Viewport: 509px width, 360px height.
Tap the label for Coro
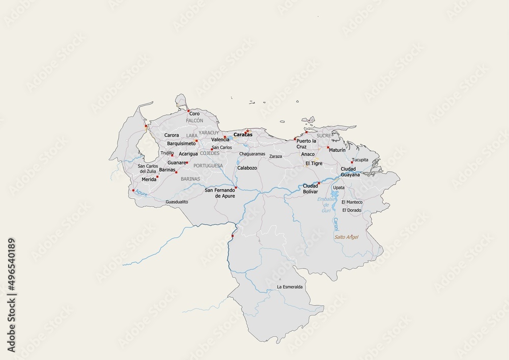194,114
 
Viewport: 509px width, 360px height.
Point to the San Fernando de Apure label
220,193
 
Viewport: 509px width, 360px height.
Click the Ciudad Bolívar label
310,188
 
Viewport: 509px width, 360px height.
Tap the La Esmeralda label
290,287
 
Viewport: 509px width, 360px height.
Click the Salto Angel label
346,237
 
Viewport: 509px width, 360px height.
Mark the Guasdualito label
177,202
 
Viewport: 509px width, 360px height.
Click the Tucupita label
360,159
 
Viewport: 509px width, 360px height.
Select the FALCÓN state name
194,121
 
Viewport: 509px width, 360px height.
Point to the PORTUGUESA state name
208,165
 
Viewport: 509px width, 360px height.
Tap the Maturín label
337,150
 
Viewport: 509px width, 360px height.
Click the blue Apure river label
142,194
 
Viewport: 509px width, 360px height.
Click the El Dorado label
352,210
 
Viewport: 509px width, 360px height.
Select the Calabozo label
247,168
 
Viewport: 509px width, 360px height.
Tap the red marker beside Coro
188,110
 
